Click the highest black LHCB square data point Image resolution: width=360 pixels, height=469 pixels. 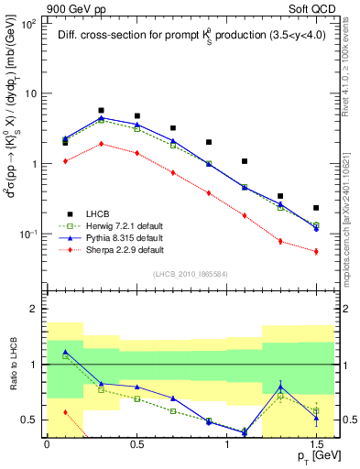(101, 110)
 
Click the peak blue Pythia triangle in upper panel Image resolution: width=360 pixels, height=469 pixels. (101, 117)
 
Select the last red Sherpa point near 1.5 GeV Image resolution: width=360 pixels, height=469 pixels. (316, 251)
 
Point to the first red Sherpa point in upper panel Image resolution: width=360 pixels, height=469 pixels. (65, 161)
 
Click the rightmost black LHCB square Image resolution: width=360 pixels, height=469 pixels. (316, 208)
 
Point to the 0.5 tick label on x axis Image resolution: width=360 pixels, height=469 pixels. (136, 443)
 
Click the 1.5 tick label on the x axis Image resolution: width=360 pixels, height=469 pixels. (316, 443)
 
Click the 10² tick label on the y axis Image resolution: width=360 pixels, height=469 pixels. (30, 24)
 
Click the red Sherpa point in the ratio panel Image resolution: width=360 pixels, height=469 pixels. (65, 412)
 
